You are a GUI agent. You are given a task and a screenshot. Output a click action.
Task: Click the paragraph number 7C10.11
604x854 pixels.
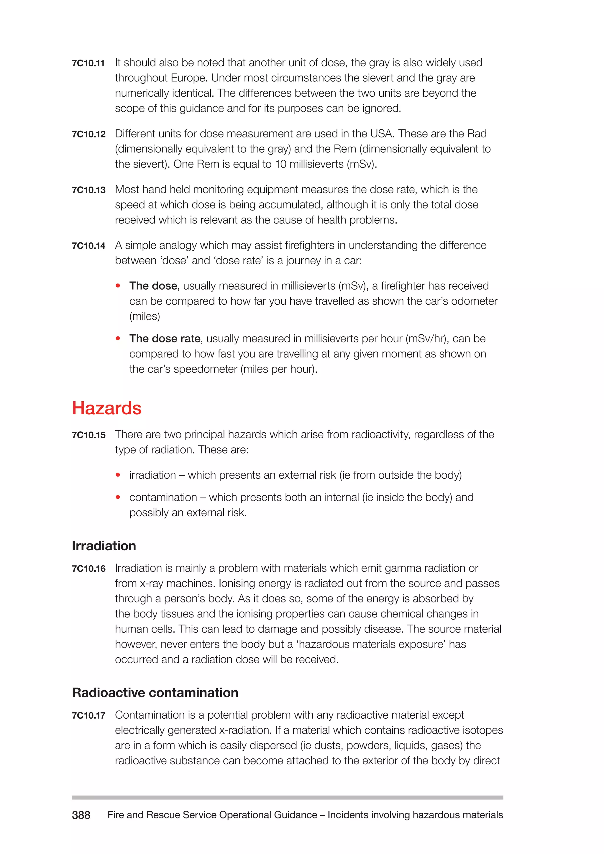click(88, 63)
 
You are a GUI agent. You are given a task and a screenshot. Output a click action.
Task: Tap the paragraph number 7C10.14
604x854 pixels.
click(88, 246)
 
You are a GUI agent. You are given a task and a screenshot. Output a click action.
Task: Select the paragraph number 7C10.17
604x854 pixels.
click(88, 715)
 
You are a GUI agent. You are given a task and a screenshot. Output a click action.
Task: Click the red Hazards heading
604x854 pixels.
click(107, 408)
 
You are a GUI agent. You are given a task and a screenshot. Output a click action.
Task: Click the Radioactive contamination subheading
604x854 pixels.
click(155, 693)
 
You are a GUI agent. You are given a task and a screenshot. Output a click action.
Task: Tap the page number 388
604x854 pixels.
click(81, 815)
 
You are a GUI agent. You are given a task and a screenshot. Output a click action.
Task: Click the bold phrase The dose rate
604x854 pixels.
click(165, 339)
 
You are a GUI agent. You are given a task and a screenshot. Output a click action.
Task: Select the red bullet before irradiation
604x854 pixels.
click(118, 475)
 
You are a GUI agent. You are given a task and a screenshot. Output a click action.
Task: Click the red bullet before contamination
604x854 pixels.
click(118, 497)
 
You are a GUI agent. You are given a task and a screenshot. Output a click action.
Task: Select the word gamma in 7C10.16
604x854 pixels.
click(402, 568)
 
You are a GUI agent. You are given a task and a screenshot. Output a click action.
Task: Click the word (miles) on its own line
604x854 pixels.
click(145, 316)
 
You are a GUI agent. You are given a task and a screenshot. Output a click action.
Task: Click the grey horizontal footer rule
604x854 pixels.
click(287, 797)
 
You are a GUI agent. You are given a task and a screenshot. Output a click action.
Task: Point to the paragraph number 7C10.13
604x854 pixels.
click(88, 190)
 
